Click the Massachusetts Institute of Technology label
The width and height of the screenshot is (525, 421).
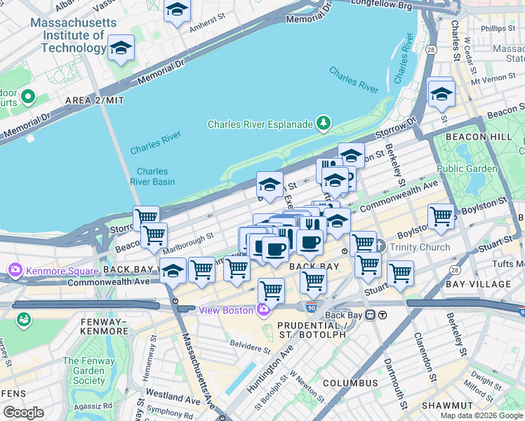pos(73,35)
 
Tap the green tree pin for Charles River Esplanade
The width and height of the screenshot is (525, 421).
pos(323,124)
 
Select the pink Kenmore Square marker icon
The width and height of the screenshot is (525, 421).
pos(15,269)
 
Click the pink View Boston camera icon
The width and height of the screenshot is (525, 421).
pos(264,310)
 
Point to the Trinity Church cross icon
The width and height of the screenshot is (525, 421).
pos(380,246)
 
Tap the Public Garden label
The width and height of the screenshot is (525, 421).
pos(467,168)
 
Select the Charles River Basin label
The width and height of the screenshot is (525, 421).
pos(152,176)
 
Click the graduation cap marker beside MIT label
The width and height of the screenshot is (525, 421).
pos(121,48)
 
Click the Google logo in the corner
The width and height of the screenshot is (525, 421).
pos(23,413)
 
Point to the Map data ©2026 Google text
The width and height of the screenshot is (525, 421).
pos(481,415)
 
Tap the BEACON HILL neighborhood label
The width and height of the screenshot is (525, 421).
pos(468,134)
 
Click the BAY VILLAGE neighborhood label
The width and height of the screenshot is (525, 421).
pos(484,284)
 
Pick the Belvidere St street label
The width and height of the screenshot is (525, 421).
pos(251,345)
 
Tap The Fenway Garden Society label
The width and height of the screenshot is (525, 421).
pos(84,370)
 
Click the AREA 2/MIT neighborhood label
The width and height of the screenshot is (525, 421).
pos(94,100)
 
